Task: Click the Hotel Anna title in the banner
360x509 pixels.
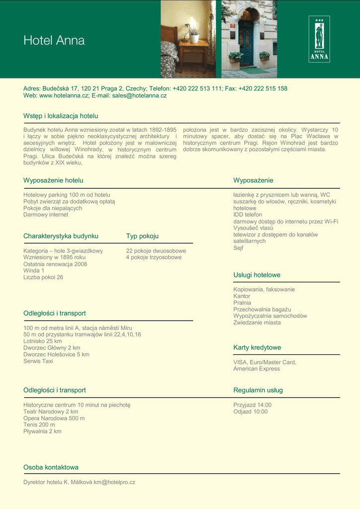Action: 54,40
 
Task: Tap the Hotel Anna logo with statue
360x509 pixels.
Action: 319,39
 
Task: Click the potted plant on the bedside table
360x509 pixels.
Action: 194,36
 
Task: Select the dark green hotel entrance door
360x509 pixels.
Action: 246,45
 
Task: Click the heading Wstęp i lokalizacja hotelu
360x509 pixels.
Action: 61,116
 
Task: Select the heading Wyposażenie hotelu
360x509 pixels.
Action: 53,180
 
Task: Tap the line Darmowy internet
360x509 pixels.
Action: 46,215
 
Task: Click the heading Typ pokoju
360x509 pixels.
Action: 142,236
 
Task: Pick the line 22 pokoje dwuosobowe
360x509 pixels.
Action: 156,251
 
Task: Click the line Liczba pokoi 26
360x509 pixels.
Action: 43,277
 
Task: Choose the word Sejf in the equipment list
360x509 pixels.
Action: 239,248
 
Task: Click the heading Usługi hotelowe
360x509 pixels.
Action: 257,275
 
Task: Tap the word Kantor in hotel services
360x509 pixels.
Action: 242,296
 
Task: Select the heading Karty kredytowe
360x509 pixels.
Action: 257,347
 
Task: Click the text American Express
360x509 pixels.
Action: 257,369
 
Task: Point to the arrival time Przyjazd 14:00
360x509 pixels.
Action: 253,405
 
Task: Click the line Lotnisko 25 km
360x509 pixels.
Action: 43,341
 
